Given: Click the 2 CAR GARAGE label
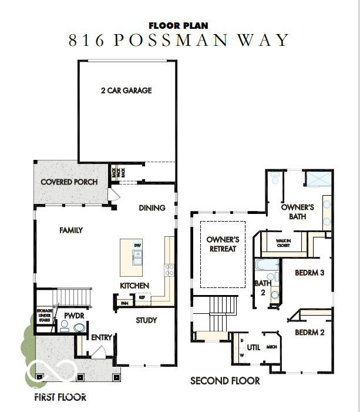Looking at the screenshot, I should coord(126,91).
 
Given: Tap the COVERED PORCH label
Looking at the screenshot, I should coord(69,182).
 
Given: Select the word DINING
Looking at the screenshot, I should coord(152,207).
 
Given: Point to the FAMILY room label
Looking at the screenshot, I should coord(70,230).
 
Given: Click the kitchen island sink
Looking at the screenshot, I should coord(137,256).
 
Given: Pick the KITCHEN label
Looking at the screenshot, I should coord(134,286).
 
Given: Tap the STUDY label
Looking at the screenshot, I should coord(146,320).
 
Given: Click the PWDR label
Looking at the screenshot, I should coord(72,316).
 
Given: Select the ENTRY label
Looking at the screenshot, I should coord(101,337).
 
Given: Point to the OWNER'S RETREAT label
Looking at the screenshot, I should coord(223,244).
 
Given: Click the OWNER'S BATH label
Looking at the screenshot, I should coord(297,212).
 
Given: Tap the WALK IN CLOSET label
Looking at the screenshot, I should coord(283,243).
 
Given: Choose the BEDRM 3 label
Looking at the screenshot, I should coord(309,273).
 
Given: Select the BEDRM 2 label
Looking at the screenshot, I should coord(309,332).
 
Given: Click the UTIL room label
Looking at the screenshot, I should coord(253,347).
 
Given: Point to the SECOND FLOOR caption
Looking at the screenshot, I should coord(225,381).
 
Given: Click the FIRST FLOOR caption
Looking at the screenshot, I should coord(60,397).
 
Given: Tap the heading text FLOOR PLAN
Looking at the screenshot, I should coord(179,25).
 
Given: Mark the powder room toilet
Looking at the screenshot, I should coord(79,329).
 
